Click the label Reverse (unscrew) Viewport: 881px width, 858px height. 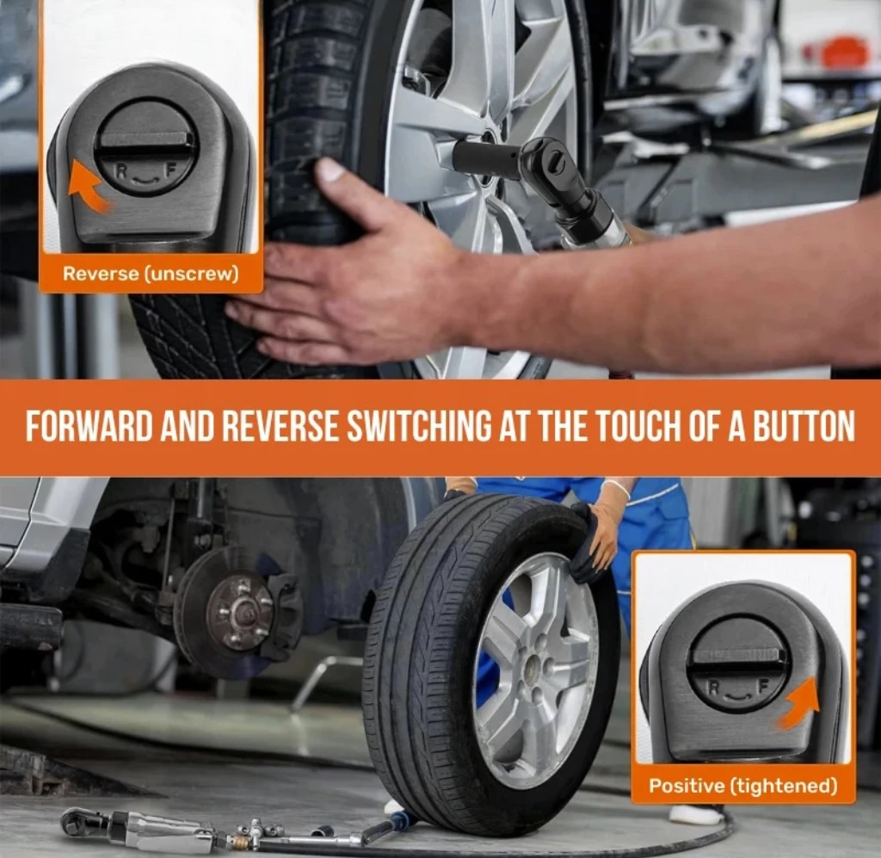pyautogui.click(x=151, y=274)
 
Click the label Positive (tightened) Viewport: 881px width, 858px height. pyautogui.click(x=742, y=786)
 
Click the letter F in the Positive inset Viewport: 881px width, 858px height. pyautogui.click(x=763, y=687)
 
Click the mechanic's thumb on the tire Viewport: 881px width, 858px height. pyautogui.click(x=336, y=173)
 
